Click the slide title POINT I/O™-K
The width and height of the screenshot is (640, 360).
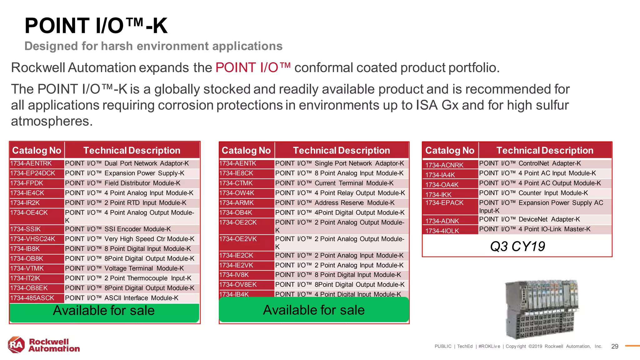tap(96, 26)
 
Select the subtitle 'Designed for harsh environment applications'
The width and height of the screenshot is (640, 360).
tap(153, 46)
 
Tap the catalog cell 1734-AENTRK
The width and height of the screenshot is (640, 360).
tap(31, 163)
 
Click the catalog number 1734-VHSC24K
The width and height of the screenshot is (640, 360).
tap(32, 239)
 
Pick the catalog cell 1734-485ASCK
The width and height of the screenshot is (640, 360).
tap(32, 298)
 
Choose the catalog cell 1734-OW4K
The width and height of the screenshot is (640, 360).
tap(237, 193)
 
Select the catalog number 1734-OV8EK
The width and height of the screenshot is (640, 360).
tap(238, 285)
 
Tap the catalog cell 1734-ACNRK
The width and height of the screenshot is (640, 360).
tap(444, 165)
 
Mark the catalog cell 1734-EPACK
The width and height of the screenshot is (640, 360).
tap(444, 203)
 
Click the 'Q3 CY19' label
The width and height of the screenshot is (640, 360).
tap(517, 246)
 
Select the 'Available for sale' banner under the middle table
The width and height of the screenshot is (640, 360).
tap(314, 310)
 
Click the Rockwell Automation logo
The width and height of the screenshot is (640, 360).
tap(43, 345)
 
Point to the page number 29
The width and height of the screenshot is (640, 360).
tap(615, 346)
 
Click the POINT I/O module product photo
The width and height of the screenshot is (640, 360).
tap(541, 309)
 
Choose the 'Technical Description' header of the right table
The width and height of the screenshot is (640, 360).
tap(545, 151)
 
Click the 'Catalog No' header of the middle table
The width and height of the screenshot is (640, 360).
tap(246, 151)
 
